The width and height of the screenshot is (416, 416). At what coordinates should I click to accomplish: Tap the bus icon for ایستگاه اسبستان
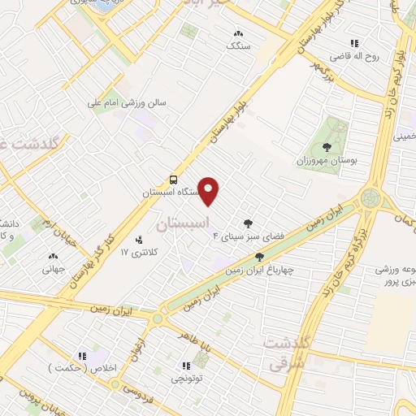[x=172, y=179]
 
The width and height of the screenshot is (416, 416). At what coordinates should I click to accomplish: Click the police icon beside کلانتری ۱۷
[x=139, y=240]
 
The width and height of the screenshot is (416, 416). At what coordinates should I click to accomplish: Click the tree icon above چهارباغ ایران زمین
[x=259, y=257]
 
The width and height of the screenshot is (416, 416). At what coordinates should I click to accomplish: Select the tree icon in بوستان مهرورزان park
[x=326, y=147]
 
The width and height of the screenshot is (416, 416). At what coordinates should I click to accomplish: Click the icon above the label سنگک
[x=238, y=34]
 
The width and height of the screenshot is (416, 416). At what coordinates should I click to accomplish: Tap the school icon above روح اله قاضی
[x=353, y=43]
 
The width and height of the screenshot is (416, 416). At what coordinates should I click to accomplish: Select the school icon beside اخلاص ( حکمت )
[x=81, y=355]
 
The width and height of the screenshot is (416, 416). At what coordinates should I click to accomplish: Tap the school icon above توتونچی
[x=187, y=366]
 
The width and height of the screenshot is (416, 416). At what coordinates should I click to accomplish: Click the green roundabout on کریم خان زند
[x=370, y=197]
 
